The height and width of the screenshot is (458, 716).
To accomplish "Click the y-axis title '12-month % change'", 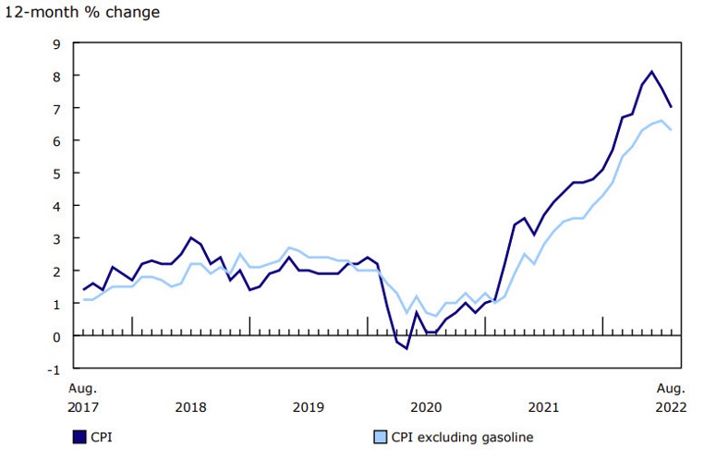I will coord(82,12).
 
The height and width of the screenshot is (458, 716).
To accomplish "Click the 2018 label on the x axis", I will coord(190,406).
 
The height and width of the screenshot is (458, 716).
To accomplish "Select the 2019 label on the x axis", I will coord(309,406).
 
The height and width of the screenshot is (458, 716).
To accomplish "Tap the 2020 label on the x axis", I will coord(426,406).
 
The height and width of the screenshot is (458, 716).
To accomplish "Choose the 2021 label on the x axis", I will coord(543,406).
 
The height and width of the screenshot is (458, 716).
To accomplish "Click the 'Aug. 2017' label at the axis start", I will coord(83,397).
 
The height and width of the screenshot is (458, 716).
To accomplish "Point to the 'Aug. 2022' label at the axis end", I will coord(671,397).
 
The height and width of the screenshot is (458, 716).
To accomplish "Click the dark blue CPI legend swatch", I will coord(79,437).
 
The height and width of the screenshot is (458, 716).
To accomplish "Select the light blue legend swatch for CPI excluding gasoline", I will coord(379,437).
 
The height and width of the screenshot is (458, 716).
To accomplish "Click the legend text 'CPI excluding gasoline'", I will coord(462,437).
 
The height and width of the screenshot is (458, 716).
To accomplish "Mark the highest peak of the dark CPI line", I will coord(651,71).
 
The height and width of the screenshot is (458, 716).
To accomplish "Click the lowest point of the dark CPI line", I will coord(407,348).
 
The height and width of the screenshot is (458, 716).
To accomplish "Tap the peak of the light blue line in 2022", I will coord(661,121).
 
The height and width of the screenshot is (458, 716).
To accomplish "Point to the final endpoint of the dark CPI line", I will coord(671,107).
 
